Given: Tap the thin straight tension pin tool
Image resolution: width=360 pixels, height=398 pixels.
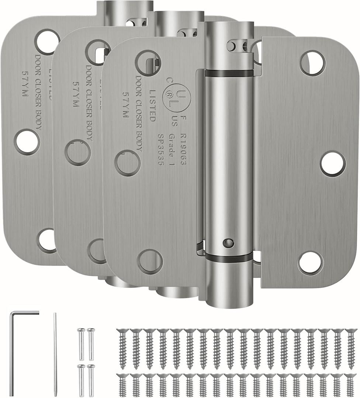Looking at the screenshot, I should tap(55, 354).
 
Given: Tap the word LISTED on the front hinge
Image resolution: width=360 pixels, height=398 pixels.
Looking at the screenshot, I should tap(152, 105).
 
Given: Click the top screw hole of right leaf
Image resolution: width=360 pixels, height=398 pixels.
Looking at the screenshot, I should tap(312, 63).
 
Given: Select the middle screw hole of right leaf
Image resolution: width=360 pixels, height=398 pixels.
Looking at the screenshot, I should tap(333, 163).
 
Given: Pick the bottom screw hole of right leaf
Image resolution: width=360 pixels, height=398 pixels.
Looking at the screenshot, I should tap(310, 262).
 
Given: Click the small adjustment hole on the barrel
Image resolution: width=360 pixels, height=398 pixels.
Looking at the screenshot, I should tap(229, 243).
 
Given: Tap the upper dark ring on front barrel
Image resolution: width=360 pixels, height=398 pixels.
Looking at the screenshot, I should tap(229, 73).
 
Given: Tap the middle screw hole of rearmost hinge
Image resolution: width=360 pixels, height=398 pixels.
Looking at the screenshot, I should tap(27, 142).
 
